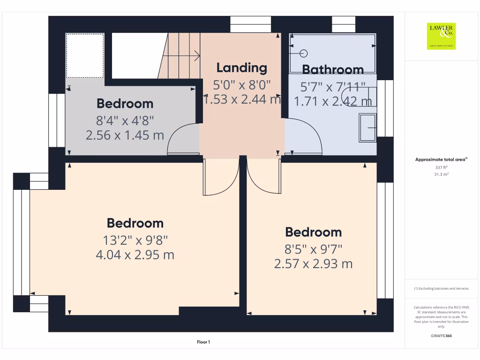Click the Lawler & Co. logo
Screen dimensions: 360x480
tap(442, 36)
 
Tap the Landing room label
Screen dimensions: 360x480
tap(241, 68)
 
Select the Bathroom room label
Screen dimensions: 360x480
tap(333, 70)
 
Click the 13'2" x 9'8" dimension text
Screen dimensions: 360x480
tap(135, 240)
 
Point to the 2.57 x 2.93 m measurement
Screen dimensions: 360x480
tap(313, 264)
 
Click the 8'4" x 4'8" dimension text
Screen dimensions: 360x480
tap(125, 121)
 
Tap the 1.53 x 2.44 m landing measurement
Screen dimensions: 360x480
tap(242, 99)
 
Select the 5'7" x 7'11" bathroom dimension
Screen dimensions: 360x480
tap(333, 86)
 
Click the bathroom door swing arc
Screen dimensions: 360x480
tap(303, 136)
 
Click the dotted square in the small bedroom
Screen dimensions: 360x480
tap(85, 55)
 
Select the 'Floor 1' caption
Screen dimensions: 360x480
tap(203, 343)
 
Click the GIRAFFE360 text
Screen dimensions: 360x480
tap(441, 336)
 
